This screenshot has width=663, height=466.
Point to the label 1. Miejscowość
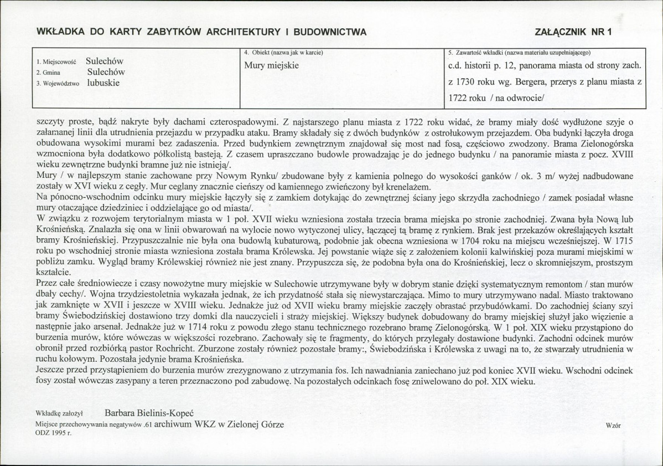coord(55,63)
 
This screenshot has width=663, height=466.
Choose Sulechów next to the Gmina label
coord(106,72)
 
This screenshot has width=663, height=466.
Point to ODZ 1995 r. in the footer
coord(53,434)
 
